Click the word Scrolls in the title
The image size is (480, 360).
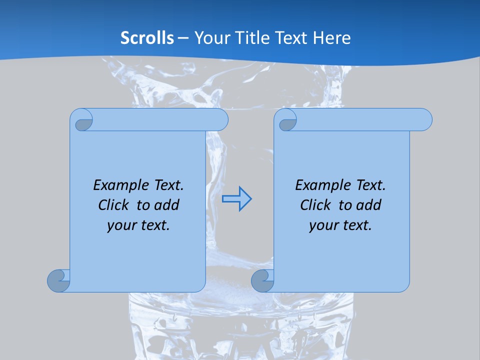(x=147, y=37)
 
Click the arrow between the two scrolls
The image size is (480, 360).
(x=236, y=199)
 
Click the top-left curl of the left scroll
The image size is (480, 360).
(x=83, y=122)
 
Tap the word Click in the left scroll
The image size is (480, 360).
(x=114, y=205)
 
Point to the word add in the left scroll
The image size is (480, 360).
(x=167, y=205)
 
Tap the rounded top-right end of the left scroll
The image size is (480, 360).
(x=220, y=120)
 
